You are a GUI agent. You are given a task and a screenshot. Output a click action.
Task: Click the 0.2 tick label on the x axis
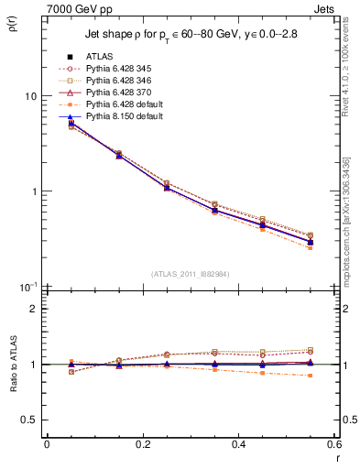(x=142, y=445)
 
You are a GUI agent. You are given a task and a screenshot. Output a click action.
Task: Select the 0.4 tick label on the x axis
(x=238, y=445)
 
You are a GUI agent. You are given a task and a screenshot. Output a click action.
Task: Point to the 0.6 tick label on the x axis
(x=333, y=445)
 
